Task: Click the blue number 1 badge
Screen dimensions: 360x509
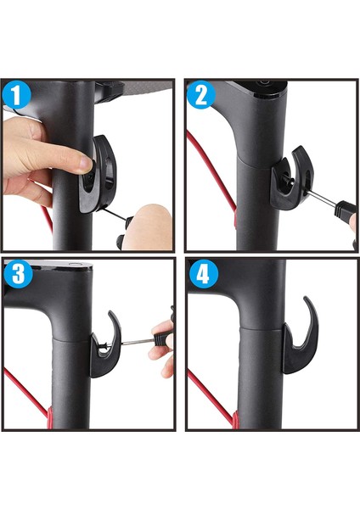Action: [x=17, y=95]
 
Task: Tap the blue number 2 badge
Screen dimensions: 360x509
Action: [x=201, y=95]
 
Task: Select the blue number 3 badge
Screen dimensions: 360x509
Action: [x=18, y=274]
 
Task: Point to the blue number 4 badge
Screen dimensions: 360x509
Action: [x=204, y=276]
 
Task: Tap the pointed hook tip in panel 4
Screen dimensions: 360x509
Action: [x=305, y=298]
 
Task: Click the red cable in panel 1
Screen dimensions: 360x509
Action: [x=46, y=218]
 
